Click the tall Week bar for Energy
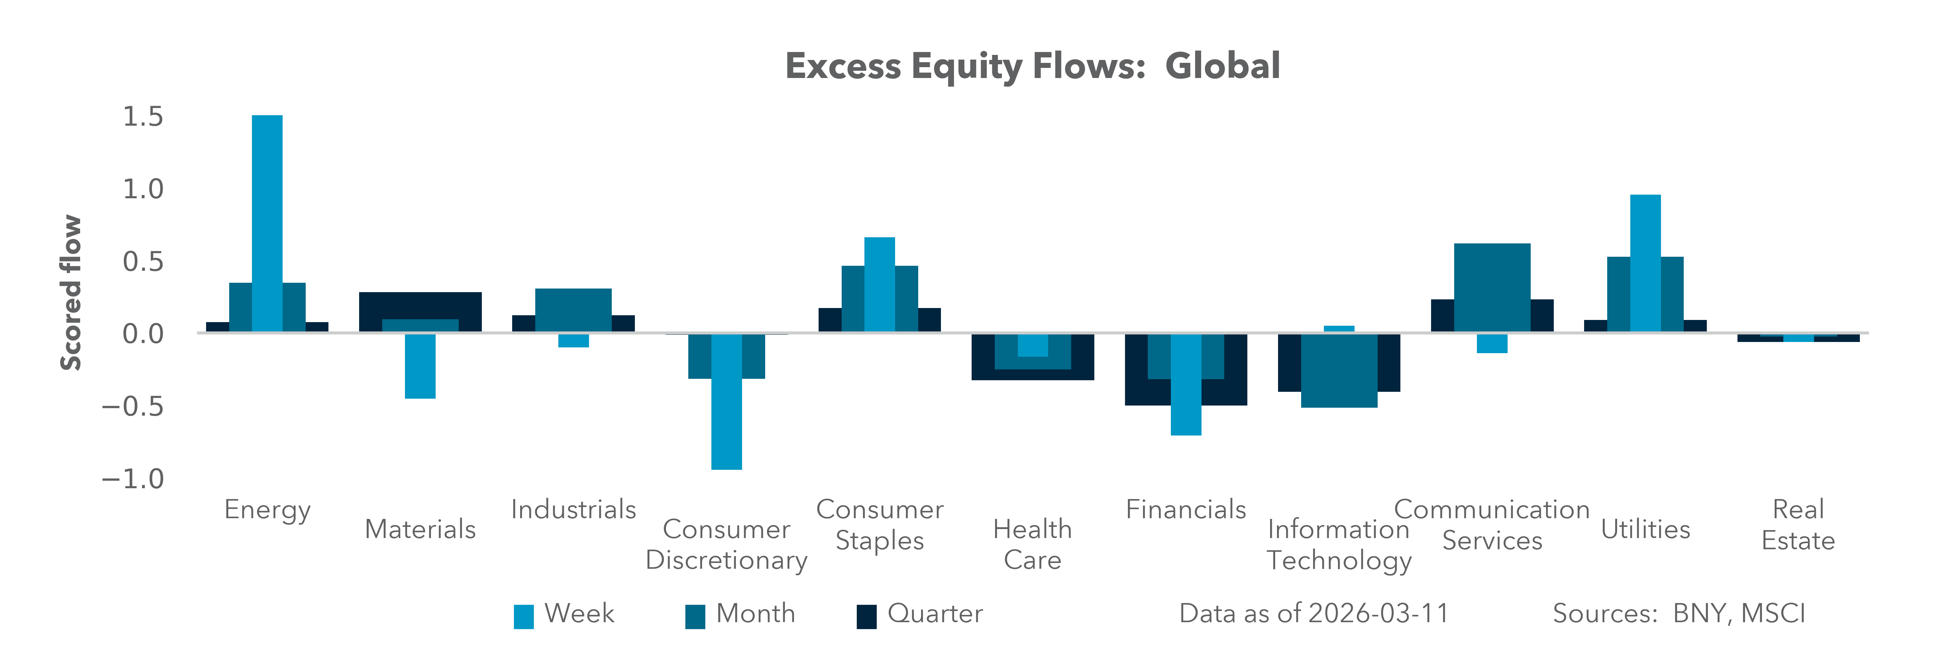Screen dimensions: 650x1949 coord(267,223)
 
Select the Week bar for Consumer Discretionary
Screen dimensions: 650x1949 coord(726,401)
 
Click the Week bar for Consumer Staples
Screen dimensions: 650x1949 coord(879,285)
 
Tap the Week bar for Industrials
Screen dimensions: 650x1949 coord(574,341)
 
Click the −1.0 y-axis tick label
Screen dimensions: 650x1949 coord(133,479)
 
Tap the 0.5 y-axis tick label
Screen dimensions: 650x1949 coord(143,262)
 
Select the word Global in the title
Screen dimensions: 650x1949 coord(1222,66)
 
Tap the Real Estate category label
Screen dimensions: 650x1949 coord(1798,525)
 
